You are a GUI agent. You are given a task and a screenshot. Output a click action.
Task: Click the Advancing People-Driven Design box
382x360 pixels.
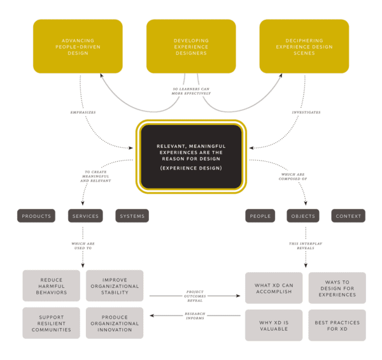click(x=78, y=46)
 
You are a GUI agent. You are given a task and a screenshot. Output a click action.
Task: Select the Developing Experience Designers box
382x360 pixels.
click(x=191, y=46)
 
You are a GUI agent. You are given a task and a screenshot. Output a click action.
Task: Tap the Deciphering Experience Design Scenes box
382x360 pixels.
click(x=304, y=46)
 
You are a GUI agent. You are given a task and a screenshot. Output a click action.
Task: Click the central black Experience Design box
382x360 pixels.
click(x=191, y=156)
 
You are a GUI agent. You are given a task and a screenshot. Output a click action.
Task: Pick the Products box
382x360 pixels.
click(x=36, y=216)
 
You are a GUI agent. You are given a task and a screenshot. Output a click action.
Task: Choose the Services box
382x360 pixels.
click(x=85, y=216)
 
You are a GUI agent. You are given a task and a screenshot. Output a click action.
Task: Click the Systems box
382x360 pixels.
click(x=132, y=216)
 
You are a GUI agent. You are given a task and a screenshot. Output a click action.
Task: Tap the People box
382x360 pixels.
click(x=260, y=216)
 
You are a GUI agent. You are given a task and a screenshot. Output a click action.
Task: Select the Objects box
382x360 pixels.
click(x=302, y=216)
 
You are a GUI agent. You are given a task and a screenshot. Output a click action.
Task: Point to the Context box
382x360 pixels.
click(x=348, y=216)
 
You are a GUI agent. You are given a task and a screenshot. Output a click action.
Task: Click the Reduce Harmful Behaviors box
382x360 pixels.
click(x=52, y=286)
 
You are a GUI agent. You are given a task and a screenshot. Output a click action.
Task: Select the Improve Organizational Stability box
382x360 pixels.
click(x=115, y=286)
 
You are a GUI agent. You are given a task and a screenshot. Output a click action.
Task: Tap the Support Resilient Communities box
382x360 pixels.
click(x=52, y=322)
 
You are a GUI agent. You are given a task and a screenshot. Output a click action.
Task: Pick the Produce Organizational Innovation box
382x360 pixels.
click(x=115, y=322)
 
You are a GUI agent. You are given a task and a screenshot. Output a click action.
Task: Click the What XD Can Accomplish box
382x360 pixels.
click(x=274, y=287)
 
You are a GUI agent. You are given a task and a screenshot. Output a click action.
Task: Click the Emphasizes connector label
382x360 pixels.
click(x=83, y=113)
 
